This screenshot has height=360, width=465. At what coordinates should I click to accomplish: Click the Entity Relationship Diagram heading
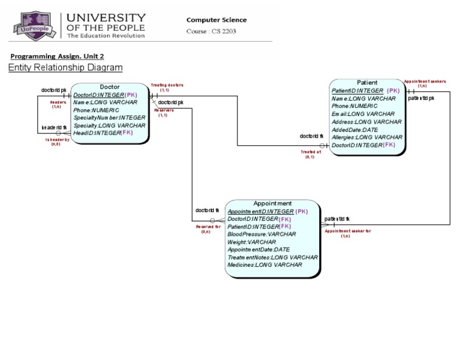tap(65, 68)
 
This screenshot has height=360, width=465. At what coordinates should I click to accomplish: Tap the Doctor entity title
tap(110, 87)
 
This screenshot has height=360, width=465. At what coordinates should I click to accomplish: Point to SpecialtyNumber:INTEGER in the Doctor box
tap(109, 118)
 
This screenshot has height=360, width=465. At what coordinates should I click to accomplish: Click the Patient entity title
tap(367, 82)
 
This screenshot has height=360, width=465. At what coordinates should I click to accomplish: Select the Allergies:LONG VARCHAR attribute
tap(367, 138)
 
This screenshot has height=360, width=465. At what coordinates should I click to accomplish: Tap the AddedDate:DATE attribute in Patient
tap(354, 130)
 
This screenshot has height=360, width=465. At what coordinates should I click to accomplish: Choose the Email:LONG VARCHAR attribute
tap(363, 114)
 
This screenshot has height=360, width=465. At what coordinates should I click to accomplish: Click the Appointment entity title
tap(272, 204)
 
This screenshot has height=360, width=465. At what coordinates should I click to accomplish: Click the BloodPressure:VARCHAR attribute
tap(262, 234)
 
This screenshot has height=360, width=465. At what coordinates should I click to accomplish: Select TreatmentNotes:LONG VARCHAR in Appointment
tap(272, 257)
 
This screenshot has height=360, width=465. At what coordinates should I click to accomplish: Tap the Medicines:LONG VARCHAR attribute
tap(265, 265)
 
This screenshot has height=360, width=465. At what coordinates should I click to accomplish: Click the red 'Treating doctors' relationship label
tap(167, 85)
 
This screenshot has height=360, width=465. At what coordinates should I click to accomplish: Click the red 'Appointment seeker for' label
tap(348, 231)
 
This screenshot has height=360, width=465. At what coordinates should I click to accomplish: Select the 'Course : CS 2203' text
tap(211, 32)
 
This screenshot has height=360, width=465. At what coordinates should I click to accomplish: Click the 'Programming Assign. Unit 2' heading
tap(57, 56)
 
